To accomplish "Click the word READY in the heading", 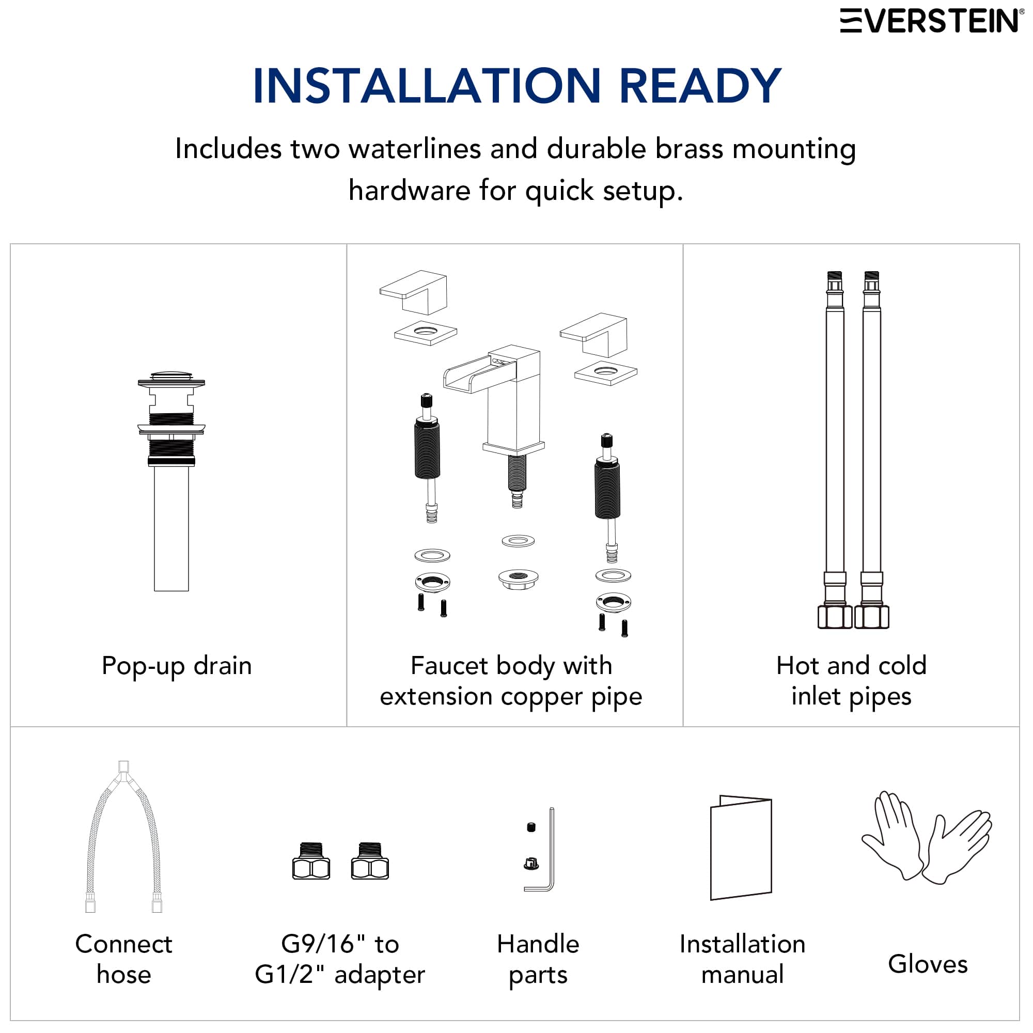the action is pyautogui.click(x=700, y=86).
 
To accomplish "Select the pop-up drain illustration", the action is pyautogui.click(x=171, y=481).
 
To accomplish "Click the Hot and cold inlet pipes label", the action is pyautogui.click(x=851, y=681).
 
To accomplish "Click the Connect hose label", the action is pyautogui.click(x=123, y=959).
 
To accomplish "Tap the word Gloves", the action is pyautogui.click(x=928, y=964).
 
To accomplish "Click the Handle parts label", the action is pyautogui.click(x=538, y=959).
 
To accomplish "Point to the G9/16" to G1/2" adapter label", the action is pyautogui.click(x=340, y=959).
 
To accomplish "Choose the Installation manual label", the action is pyautogui.click(x=742, y=959).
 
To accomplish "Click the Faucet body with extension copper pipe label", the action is pyautogui.click(x=511, y=681).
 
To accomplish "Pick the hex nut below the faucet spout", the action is pyautogui.click(x=518, y=578).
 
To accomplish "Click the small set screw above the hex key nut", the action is pyautogui.click(x=531, y=827).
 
